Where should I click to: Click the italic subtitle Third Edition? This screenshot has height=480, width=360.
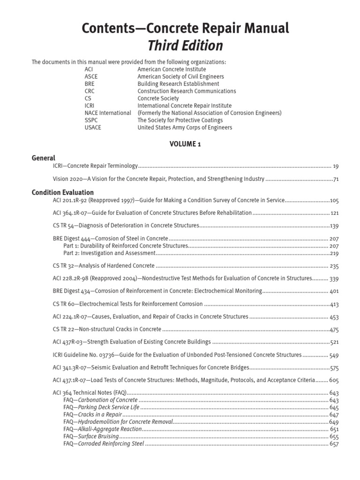click(185, 45)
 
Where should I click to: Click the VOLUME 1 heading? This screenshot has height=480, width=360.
click(185, 144)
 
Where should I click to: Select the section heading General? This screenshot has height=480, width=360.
click(43, 158)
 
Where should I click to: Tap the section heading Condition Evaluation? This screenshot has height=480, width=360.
click(62, 192)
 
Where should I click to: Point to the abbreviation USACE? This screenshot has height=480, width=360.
click(93, 127)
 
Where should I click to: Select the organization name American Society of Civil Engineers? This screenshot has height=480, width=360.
click(180, 76)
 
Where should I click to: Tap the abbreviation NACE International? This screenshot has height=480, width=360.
click(108, 113)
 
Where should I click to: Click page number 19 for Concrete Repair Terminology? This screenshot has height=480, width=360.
click(335, 166)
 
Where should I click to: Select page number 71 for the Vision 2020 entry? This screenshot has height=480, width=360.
click(335, 179)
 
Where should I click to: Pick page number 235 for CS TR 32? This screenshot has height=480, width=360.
click(334, 266)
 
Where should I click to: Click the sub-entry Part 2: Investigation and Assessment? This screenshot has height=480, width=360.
click(109, 253)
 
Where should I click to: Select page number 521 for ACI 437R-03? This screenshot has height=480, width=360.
click(334, 342)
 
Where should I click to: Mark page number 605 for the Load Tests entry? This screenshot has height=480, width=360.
click(334, 380)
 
